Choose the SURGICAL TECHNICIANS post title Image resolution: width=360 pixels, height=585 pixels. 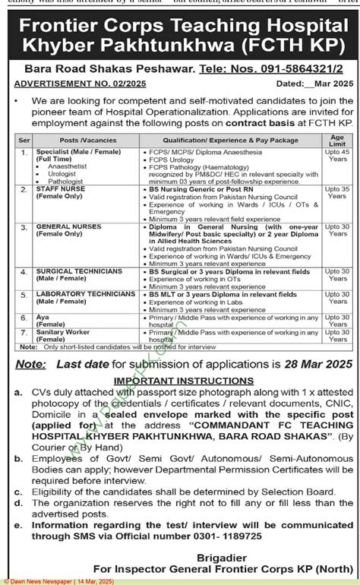(78, 270)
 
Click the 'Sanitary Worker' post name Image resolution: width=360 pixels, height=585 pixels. (62, 332)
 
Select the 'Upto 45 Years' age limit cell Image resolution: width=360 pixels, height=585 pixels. (337, 156)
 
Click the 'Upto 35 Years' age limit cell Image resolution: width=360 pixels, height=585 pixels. (337, 191)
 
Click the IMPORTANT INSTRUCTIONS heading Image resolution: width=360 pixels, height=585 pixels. (184, 379)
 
